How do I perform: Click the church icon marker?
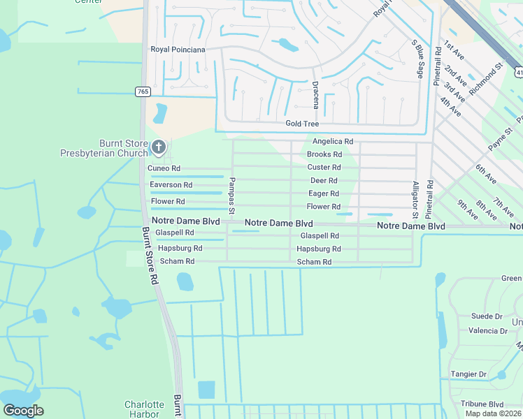pyautogui.click(x=159, y=147)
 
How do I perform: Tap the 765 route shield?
pyautogui.click(x=142, y=91)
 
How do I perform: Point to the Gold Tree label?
pyautogui.click(x=302, y=124)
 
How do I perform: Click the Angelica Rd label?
pyautogui.click(x=332, y=141)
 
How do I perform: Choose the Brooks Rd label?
pyautogui.click(x=324, y=154)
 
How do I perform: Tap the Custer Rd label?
pyautogui.click(x=324, y=168)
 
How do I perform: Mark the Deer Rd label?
pyautogui.click(x=324, y=181)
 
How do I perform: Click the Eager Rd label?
pyautogui.click(x=324, y=193)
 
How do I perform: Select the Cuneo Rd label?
pyautogui.click(x=164, y=168)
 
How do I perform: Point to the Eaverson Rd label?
pyautogui.click(x=171, y=185)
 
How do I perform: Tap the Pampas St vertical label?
pyautogui.click(x=230, y=196)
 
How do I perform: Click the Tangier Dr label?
pyautogui.click(x=468, y=375)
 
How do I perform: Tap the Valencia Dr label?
pyautogui.click(x=488, y=331)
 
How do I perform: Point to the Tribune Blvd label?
pyautogui.click(x=482, y=404)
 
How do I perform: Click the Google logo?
pyautogui.click(x=23, y=411)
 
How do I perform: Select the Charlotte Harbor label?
pyautogui.click(x=144, y=409)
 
